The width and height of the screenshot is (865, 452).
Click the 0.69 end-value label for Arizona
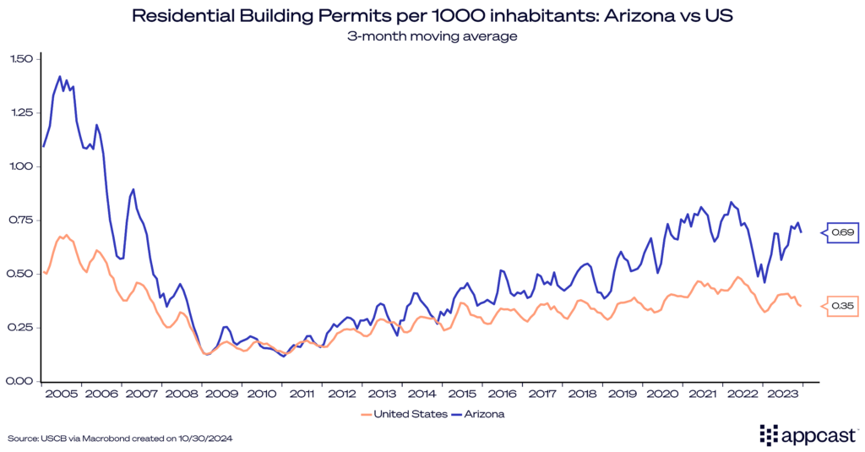point(844,231)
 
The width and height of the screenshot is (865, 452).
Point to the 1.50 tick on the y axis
point(21,59)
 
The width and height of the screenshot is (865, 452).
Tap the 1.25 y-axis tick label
point(21,112)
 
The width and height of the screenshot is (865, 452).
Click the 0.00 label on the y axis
point(21,380)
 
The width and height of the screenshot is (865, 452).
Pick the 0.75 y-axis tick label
point(21,220)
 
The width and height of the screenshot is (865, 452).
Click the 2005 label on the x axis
point(63,394)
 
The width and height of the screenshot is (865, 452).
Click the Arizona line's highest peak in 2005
point(60,76)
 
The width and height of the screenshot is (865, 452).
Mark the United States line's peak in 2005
point(66,235)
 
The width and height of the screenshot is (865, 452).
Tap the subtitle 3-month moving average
point(432,36)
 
